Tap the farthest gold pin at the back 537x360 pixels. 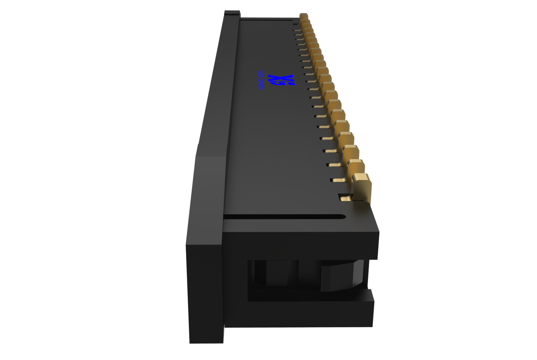click(304, 16)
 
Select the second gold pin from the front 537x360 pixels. click(356, 167)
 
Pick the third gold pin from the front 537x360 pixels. click(351, 151)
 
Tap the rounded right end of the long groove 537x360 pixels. click(342, 216)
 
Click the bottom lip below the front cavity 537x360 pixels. click(309, 314)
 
